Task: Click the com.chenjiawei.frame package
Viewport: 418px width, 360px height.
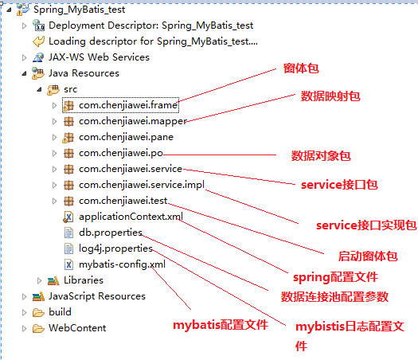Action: (128, 105)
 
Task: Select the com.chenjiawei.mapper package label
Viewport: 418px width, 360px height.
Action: (133, 121)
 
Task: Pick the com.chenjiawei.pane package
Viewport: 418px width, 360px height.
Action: (126, 137)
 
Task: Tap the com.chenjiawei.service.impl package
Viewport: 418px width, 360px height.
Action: (142, 185)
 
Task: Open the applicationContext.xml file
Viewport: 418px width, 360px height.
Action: (131, 217)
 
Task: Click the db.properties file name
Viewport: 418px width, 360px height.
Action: (111, 233)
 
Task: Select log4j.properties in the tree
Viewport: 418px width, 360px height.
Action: (115, 248)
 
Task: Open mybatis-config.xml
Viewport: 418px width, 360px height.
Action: (122, 264)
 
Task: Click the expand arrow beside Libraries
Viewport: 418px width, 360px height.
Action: (40, 280)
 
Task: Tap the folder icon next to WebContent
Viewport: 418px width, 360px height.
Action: (38, 328)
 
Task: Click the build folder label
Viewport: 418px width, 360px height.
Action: (60, 312)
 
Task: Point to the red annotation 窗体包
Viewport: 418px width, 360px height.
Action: (301, 68)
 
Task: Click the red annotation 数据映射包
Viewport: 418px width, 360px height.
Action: (330, 96)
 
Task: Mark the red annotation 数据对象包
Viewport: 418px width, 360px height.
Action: (321, 156)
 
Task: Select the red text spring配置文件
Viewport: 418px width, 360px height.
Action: (336, 277)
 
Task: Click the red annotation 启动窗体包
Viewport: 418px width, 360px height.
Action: (368, 256)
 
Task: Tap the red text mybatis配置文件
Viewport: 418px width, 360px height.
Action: (221, 325)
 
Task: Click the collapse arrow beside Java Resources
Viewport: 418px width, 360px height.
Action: (24, 73)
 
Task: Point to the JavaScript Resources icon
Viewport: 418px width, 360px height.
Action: (38, 296)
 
